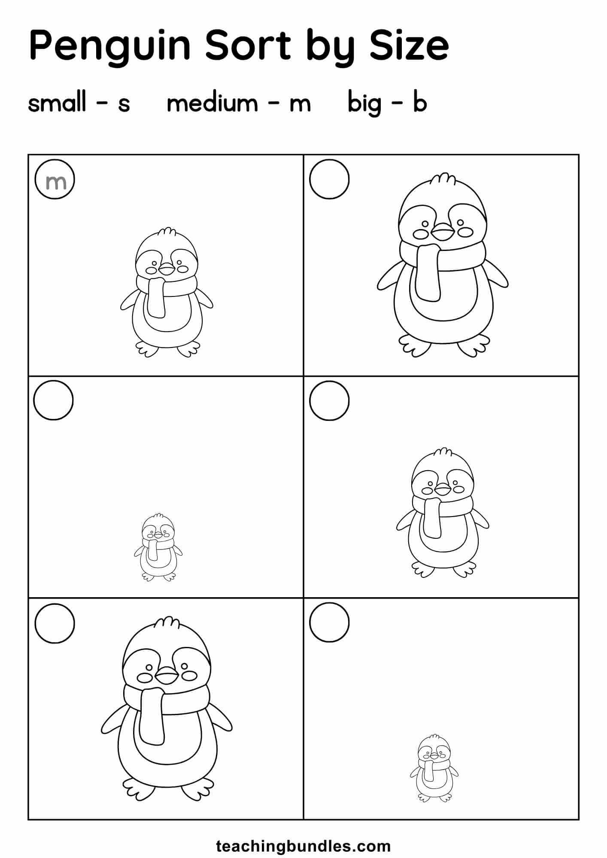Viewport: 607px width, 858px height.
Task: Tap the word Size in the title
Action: coord(409,45)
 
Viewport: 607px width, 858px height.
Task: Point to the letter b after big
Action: coord(419,103)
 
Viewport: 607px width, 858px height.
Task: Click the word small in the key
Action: coord(57,103)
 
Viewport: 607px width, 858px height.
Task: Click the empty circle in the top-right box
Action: coord(329,179)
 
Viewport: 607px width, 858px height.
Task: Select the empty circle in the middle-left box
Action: coord(54,400)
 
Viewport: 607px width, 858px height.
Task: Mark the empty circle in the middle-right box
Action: coord(329,401)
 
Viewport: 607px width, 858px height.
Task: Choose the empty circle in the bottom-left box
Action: coord(55,623)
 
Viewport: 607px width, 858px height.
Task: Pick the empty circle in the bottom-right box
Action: coord(329,622)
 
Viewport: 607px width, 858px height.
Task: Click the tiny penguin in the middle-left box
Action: coord(158,547)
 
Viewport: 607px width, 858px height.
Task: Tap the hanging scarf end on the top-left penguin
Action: coord(156,298)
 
